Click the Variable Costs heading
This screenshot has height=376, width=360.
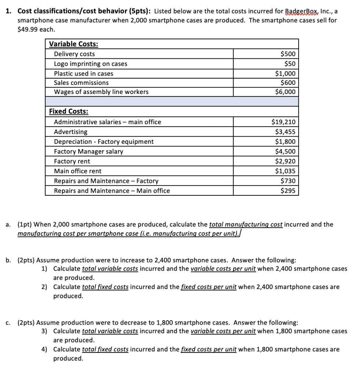73,44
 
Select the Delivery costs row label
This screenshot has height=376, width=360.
74,54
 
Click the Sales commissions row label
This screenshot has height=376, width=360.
81,83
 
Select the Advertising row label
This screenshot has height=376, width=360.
71,131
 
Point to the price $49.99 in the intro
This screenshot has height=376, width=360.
27,29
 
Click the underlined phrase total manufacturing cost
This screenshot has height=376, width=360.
245,224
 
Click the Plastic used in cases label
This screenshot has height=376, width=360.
83,73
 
